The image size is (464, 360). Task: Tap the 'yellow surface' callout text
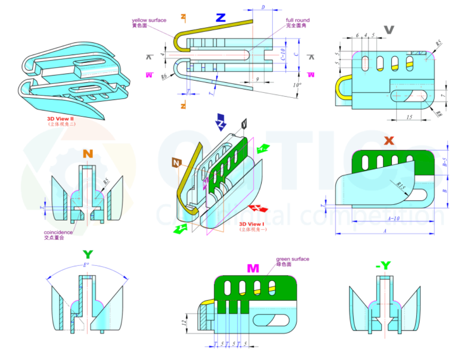click(x=149, y=20)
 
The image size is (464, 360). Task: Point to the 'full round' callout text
click(x=298, y=20)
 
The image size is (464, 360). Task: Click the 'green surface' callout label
click(x=292, y=259)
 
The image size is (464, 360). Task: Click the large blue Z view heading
click(x=220, y=18)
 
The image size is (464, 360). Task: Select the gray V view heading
click(x=389, y=30)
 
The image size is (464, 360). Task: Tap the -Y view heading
click(x=383, y=265)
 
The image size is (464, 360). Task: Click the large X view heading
click(x=389, y=141)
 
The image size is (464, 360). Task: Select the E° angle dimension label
click(x=86, y=265)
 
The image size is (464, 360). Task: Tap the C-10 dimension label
click(x=283, y=55)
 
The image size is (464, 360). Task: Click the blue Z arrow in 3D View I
click(x=220, y=121)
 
